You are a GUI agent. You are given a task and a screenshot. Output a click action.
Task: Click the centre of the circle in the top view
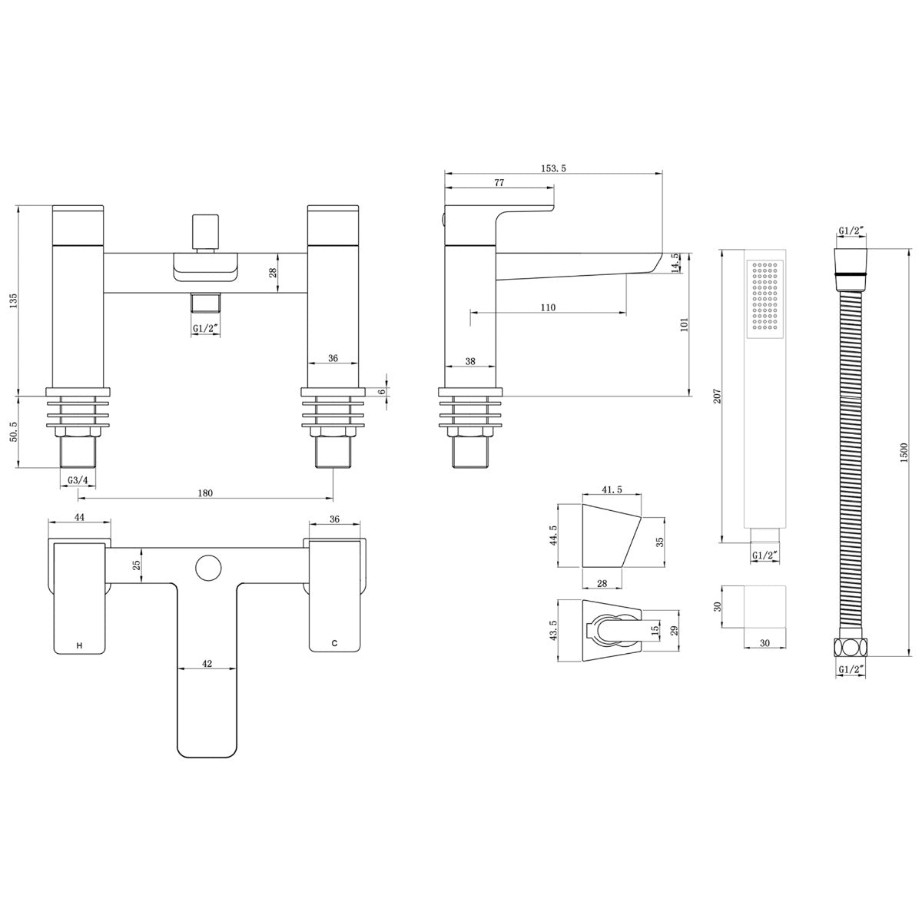click(208, 568)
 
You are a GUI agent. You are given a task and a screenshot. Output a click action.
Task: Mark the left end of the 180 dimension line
click(78, 499)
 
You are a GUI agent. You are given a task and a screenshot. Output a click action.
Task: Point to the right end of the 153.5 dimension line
click(662, 173)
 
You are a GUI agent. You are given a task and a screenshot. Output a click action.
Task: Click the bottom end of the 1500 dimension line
click(909, 657)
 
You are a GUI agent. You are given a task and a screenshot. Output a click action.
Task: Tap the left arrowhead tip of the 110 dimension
click(471, 313)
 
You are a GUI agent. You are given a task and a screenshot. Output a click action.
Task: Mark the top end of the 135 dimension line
click(18, 206)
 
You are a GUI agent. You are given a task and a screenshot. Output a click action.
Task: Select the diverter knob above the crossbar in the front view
click(206, 231)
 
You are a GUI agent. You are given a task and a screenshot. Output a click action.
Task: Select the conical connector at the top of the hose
click(851, 270)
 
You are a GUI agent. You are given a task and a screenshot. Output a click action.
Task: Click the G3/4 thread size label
click(78, 480)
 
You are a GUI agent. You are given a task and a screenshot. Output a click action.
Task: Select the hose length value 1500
click(904, 453)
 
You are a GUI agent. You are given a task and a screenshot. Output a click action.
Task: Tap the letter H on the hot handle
click(79, 645)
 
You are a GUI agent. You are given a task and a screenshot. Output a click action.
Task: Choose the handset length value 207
click(717, 396)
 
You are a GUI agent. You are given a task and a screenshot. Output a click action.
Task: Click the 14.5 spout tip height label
click(675, 263)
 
